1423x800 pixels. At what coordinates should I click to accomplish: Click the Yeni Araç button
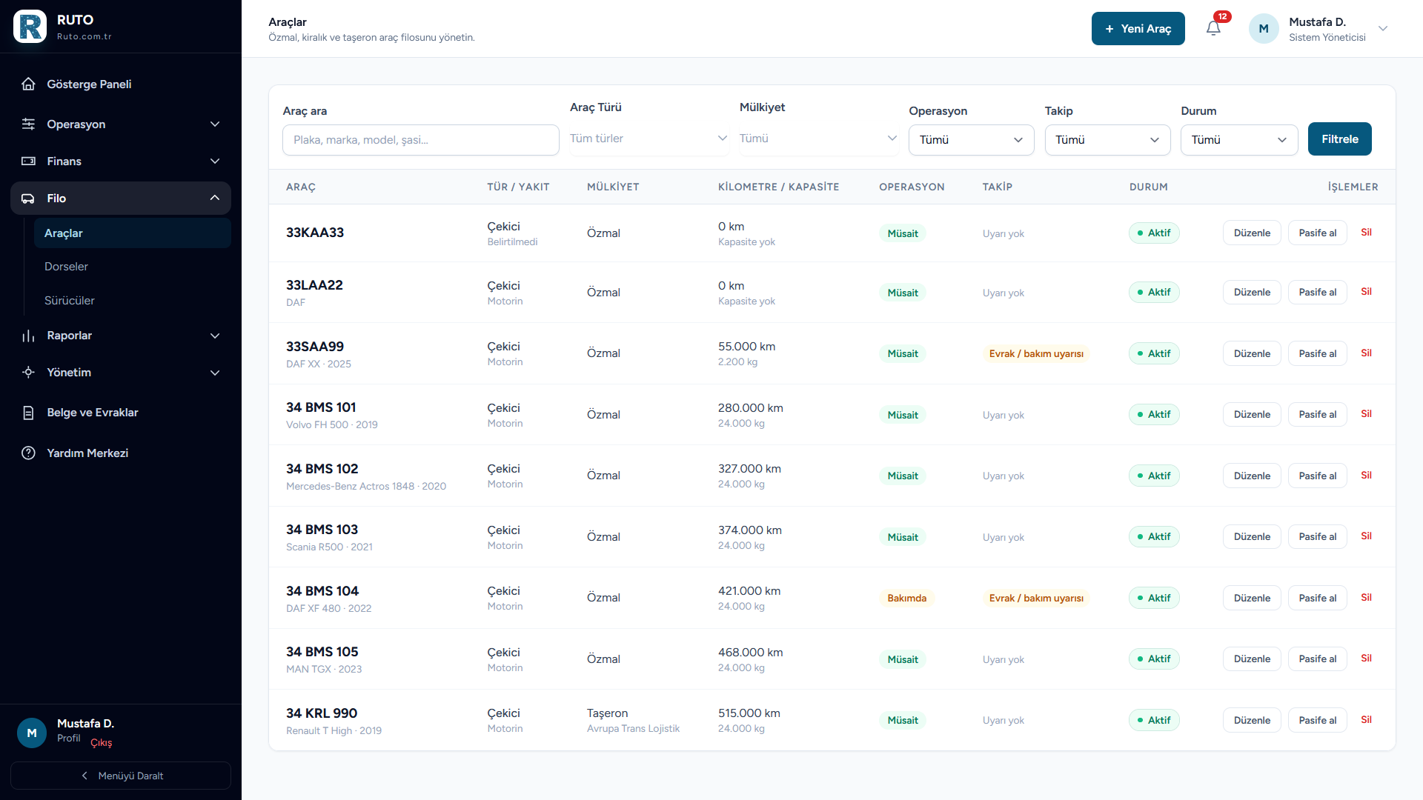(1138, 29)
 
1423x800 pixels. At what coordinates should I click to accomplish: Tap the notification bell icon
(1213, 29)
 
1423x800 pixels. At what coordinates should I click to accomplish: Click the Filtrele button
(1339, 139)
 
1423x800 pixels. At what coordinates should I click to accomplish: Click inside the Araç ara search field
(420, 140)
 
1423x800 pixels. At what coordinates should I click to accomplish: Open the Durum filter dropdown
(1239, 140)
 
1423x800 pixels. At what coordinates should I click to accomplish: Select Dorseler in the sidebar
(66, 267)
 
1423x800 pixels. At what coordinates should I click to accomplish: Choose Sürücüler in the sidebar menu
(70, 301)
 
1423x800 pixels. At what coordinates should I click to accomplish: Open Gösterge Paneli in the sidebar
(89, 84)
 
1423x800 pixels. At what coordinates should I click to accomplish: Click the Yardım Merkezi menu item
(87, 453)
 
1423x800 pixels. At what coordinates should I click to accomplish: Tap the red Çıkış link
(102, 743)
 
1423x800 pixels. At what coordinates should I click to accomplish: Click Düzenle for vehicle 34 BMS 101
(1252, 414)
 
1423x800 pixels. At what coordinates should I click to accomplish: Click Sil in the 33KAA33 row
(1366, 233)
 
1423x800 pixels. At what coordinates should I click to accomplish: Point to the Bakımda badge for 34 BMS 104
(907, 599)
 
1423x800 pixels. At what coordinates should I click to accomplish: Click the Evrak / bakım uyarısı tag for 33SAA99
(1036, 354)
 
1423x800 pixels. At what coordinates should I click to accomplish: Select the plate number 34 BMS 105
(322, 652)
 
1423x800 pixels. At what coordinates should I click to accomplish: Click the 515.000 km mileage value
(749, 713)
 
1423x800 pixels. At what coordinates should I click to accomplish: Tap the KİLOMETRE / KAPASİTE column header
(779, 187)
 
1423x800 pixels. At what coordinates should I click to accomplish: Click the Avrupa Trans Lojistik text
(633, 729)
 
